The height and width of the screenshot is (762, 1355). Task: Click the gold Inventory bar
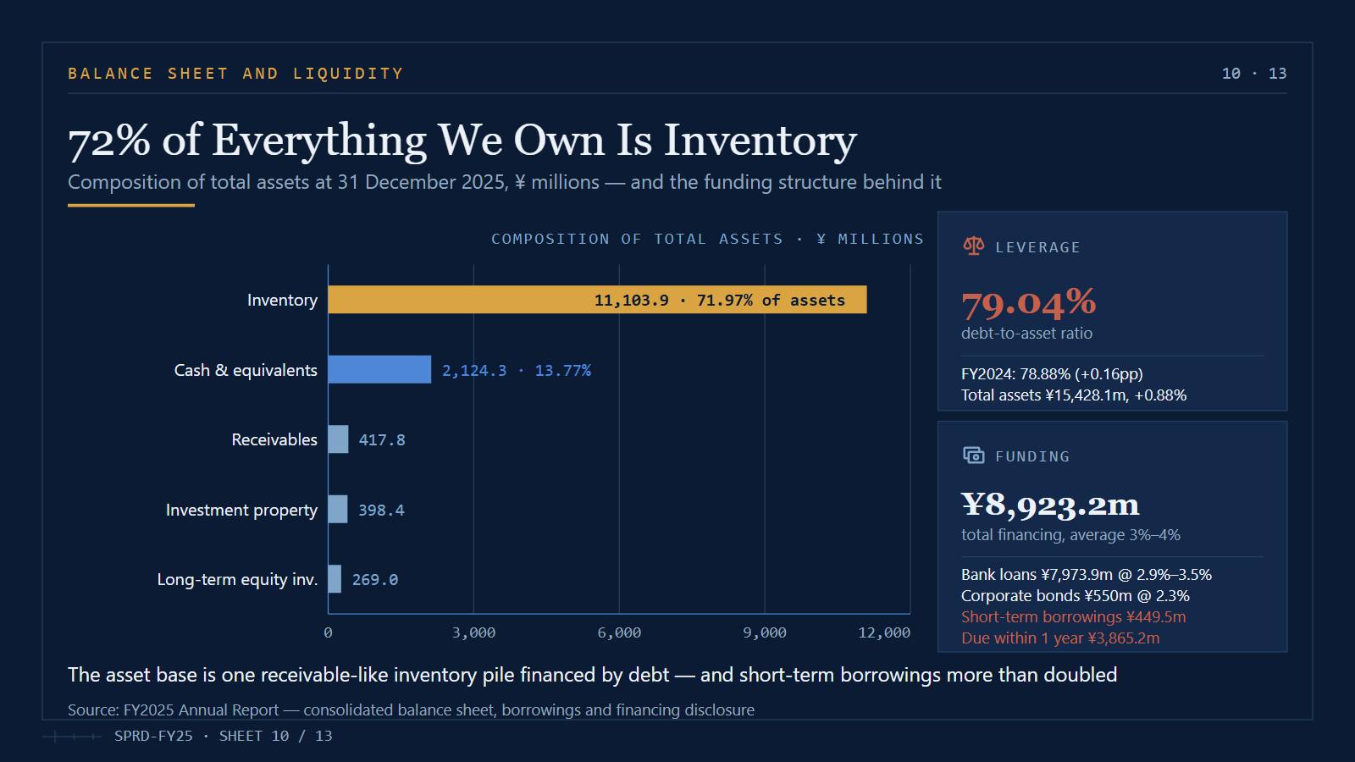pyautogui.click(x=597, y=300)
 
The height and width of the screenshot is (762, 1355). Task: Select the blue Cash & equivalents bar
pyautogui.click(x=380, y=369)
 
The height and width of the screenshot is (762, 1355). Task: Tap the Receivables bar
pyautogui.click(x=339, y=439)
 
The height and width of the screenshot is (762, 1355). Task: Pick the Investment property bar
pyautogui.click(x=338, y=509)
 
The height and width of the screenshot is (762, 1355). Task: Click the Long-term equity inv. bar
pyautogui.click(x=335, y=579)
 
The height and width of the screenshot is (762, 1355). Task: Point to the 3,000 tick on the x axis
pyautogui.click(x=473, y=632)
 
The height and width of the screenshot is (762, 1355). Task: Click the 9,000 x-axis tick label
pyautogui.click(x=765, y=632)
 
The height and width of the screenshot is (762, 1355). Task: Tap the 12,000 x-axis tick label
pyautogui.click(x=884, y=632)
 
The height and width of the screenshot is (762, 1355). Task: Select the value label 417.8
pyautogui.click(x=382, y=439)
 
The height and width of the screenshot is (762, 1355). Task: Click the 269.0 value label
pyautogui.click(x=375, y=579)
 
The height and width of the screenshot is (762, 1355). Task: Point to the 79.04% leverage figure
pyautogui.click(x=1028, y=303)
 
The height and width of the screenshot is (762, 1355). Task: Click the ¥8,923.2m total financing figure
pyautogui.click(x=1050, y=505)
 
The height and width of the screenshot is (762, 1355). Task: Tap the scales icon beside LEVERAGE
pyautogui.click(x=973, y=246)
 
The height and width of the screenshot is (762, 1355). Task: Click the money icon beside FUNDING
pyautogui.click(x=973, y=456)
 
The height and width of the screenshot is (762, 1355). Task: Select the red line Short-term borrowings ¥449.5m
pyautogui.click(x=1073, y=617)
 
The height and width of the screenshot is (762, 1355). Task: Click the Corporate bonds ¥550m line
pyautogui.click(x=1075, y=596)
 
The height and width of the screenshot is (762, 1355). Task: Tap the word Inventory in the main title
pyautogui.click(x=760, y=141)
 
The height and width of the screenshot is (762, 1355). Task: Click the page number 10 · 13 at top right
pyautogui.click(x=1254, y=74)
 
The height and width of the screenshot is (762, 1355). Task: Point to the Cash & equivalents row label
pyautogui.click(x=246, y=370)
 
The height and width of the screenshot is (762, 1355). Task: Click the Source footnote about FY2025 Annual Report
pyautogui.click(x=411, y=710)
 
